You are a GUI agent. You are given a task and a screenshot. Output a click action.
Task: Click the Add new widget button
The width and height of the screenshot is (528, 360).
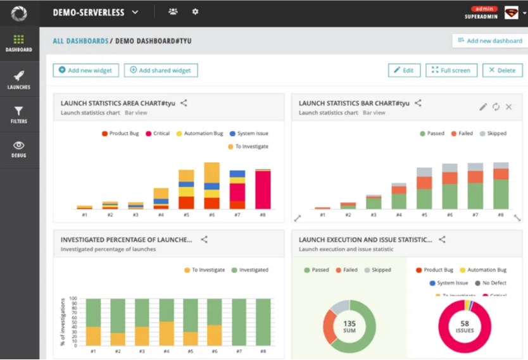click(x=86, y=70)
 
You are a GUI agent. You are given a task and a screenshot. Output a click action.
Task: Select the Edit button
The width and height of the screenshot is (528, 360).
click(x=404, y=70)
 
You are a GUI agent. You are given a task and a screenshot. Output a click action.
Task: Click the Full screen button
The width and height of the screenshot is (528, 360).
click(x=451, y=70)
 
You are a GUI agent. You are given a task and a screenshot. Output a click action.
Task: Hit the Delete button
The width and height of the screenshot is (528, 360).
click(x=502, y=70)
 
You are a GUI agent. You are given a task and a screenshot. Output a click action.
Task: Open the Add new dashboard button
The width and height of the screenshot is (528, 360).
click(x=489, y=40)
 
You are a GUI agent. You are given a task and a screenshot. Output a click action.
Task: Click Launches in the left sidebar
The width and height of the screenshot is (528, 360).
click(x=19, y=80)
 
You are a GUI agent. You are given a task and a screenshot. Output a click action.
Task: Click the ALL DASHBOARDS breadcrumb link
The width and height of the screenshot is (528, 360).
click(x=80, y=41)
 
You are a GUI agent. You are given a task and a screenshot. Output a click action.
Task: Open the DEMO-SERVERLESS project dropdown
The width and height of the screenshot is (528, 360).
click(x=96, y=12)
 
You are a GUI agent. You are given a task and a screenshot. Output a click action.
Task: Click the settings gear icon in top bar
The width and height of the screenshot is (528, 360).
click(x=195, y=12)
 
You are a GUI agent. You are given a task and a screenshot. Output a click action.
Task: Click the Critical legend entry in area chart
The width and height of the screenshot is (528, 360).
click(x=158, y=133)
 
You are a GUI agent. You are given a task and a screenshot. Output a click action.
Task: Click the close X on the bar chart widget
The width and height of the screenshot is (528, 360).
click(x=508, y=107)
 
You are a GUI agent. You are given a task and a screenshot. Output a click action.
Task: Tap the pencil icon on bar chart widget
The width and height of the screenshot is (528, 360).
click(x=483, y=107)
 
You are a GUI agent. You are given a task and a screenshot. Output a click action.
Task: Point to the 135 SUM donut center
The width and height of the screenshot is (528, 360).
click(x=349, y=327)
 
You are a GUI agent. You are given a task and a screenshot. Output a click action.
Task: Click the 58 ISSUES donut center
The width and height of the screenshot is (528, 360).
click(x=465, y=327)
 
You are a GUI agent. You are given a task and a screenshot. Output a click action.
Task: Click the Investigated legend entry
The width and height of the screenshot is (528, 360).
click(x=249, y=270)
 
